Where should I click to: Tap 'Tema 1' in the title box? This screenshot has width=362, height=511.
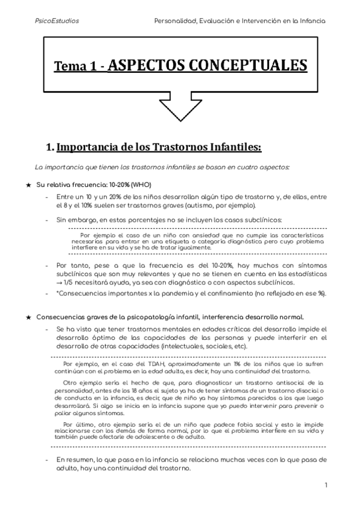click(78, 66)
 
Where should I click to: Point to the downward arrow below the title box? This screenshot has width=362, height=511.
click(180, 110)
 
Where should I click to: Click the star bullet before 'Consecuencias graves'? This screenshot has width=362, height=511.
click(28, 317)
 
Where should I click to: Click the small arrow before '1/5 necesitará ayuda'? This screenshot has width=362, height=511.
click(59, 282)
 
